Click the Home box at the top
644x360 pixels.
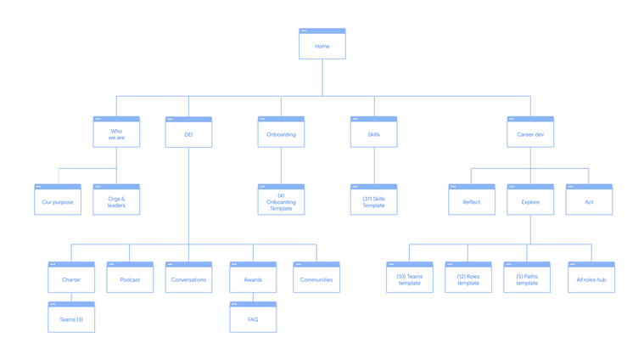322,43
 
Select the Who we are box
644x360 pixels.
116,132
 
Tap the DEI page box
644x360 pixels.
188,132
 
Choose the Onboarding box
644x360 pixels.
281,132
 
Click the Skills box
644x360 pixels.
373,132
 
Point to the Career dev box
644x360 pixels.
530,132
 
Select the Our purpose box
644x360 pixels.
58,200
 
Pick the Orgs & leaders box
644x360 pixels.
116,200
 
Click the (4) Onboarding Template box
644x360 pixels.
281,200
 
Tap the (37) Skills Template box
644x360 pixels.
373,200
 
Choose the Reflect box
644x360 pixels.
472,200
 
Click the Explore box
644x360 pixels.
530,200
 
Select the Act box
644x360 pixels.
589,200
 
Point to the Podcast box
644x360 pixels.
130,277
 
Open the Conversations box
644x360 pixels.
188,277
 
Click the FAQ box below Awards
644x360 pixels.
253,317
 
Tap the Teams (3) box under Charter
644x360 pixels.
71,317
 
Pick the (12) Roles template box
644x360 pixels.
468,277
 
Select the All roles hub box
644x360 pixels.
591,277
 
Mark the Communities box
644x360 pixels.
316,277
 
